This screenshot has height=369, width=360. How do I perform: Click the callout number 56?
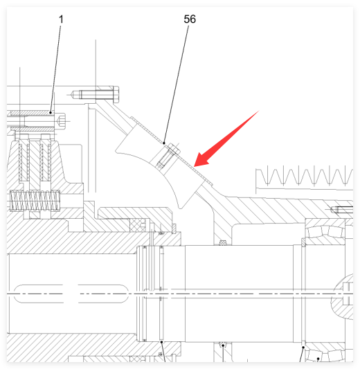(190, 19)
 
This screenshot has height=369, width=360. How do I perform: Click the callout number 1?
(61, 19)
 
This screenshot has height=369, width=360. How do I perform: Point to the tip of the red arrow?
(194, 166)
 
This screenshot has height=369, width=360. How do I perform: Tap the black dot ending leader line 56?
(164, 143)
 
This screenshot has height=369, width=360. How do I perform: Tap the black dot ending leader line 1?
(51, 113)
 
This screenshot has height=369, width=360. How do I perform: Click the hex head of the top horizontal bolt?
(116, 94)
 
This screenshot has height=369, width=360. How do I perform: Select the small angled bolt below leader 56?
(167, 156)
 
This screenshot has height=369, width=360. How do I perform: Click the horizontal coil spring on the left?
(35, 201)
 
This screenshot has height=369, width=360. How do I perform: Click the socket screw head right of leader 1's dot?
(62, 120)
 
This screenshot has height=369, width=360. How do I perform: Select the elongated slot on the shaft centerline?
(71, 294)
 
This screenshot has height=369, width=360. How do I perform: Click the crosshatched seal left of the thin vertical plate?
(137, 225)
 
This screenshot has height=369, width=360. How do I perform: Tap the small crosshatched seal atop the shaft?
(223, 242)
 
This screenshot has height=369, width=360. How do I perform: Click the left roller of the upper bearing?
(316, 232)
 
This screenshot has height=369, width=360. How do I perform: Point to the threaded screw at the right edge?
(343, 209)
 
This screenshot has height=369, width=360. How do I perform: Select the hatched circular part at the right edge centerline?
(343, 297)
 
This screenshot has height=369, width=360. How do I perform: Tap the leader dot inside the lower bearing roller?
(318, 359)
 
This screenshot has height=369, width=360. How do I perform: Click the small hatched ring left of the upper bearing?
(303, 242)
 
